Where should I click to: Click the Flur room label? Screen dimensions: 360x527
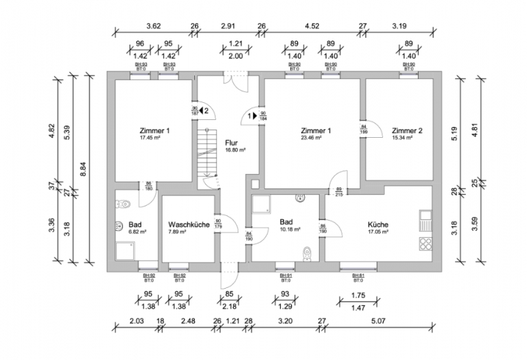(231, 143)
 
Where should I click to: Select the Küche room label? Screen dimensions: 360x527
(377, 224)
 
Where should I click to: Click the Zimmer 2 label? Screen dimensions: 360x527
(407, 130)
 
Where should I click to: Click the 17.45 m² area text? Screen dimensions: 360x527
(150, 137)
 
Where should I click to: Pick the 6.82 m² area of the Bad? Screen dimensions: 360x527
(134, 232)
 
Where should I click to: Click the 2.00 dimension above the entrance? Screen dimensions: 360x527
(235, 56)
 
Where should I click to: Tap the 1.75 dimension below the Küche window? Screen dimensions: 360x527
(358, 295)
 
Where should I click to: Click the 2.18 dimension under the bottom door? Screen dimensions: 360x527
(229, 307)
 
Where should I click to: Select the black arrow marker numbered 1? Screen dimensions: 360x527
(252, 117)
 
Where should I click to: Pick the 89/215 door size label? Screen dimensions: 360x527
(338, 192)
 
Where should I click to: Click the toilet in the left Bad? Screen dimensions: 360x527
(123, 203)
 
